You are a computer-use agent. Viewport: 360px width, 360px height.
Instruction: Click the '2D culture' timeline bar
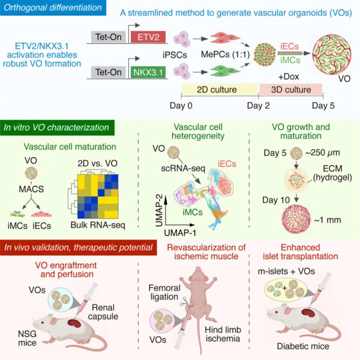click(x=210, y=90)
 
